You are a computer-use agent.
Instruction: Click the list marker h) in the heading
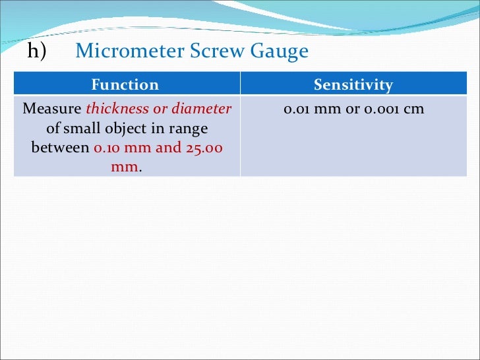tap(37, 51)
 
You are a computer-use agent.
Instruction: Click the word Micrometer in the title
tap(116, 51)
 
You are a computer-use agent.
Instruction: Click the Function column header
tap(125, 85)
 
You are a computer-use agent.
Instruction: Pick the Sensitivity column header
tap(353, 85)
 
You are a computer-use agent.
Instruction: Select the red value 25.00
tap(204, 147)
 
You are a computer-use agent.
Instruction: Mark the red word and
tap(168, 147)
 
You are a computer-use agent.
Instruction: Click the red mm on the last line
tap(124, 166)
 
